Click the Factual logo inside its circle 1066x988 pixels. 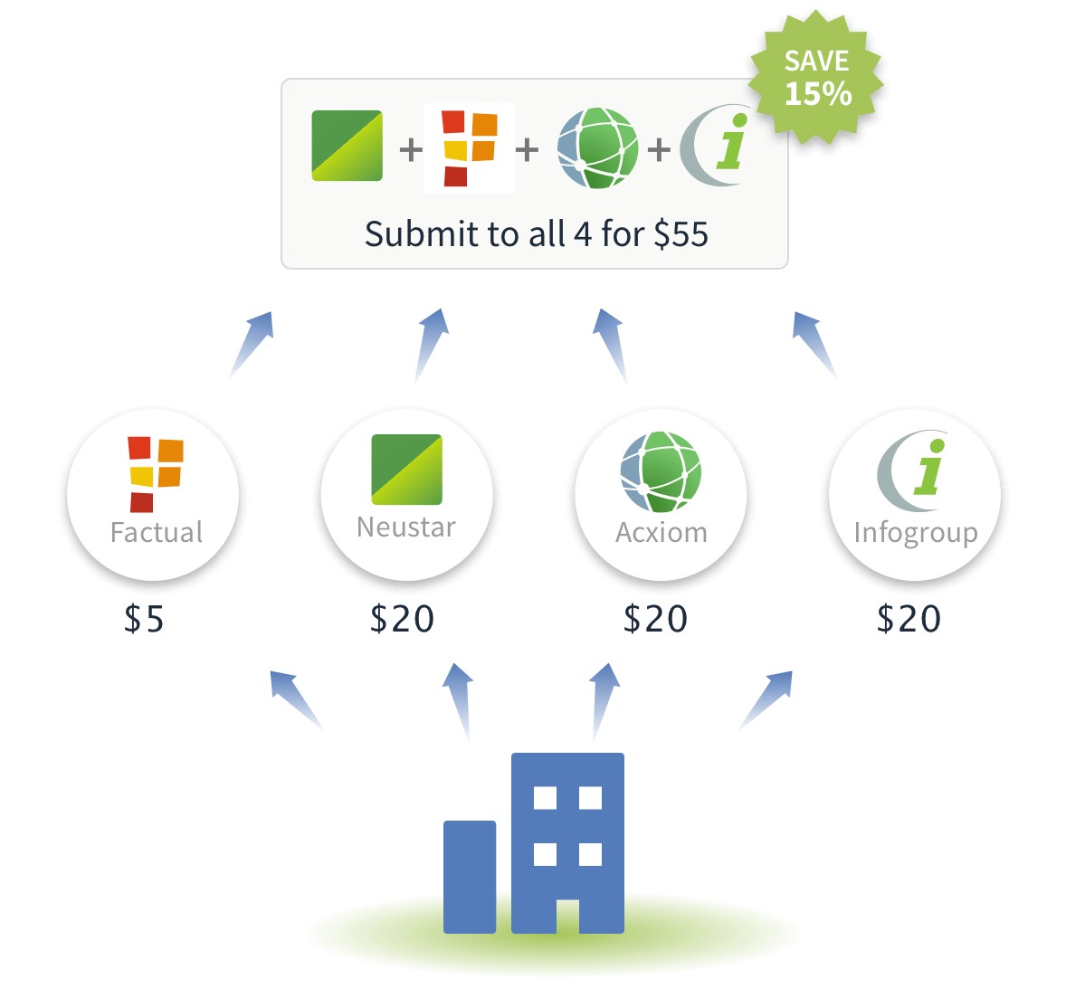pyautogui.click(x=156, y=474)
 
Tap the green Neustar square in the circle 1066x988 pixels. pyautogui.click(x=406, y=470)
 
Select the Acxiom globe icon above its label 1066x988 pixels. pyautogui.click(x=661, y=471)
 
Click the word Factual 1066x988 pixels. pyautogui.click(x=157, y=532)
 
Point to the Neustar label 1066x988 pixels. pyautogui.click(x=406, y=527)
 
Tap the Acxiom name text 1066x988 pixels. pyautogui.click(x=661, y=533)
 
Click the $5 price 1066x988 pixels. pyautogui.click(x=144, y=618)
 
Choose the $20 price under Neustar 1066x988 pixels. pyautogui.click(x=402, y=618)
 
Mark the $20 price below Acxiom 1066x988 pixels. pyautogui.click(x=655, y=618)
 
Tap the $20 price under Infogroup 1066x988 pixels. pyautogui.click(x=909, y=618)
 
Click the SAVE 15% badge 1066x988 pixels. pyautogui.click(x=816, y=78)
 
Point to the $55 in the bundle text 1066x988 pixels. pyautogui.click(x=681, y=234)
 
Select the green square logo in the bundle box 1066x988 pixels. pyautogui.click(x=347, y=146)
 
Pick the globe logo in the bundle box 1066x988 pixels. pyautogui.click(x=597, y=147)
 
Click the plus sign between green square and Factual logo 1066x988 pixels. pyautogui.click(x=411, y=149)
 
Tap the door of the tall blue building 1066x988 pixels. pyautogui.click(x=567, y=916)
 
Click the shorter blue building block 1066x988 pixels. pyautogui.click(x=470, y=877)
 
